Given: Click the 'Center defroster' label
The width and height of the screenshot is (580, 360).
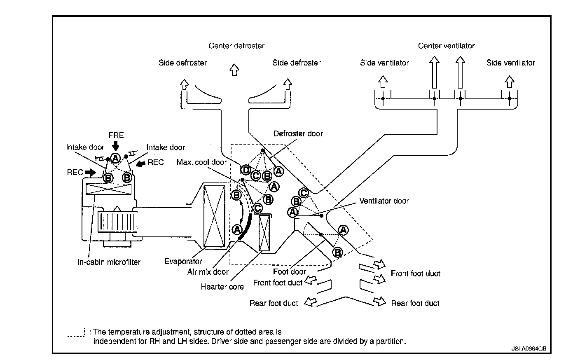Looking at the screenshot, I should pyautogui.click(x=236, y=46).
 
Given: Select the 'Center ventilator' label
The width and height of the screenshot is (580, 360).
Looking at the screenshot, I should pyautogui.click(x=446, y=46).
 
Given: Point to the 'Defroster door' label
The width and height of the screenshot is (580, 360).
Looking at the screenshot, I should pyautogui.click(x=298, y=133).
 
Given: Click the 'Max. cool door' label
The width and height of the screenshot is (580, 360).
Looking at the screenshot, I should pyautogui.click(x=202, y=162).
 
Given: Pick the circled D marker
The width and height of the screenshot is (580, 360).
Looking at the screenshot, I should pyautogui.click(x=246, y=170).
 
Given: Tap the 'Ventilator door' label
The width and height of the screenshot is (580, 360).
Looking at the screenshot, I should pyautogui.click(x=384, y=201).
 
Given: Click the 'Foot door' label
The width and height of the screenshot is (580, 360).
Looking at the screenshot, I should pyautogui.click(x=290, y=271).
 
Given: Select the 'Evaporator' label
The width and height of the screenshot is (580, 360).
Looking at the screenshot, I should pyautogui.click(x=183, y=261).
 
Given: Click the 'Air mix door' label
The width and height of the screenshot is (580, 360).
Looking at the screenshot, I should pyautogui.click(x=208, y=271).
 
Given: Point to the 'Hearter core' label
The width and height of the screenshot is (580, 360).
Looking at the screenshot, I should pyautogui.click(x=222, y=286).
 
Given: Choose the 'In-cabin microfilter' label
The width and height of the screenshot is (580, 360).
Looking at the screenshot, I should pyautogui.click(x=109, y=262).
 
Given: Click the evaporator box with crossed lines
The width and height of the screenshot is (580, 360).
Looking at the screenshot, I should pyautogui.click(x=215, y=216).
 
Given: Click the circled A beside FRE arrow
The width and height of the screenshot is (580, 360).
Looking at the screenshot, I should pyautogui.click(x=115, y=158).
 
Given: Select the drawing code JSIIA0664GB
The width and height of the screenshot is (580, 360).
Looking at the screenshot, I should pyautogui.click(x=529, y=348).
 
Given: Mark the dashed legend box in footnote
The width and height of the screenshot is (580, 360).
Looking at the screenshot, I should pyautogui.click(x=75, y=332).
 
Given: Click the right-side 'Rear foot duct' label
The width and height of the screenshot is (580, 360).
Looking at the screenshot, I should pyautogui.click(x=415, y=303).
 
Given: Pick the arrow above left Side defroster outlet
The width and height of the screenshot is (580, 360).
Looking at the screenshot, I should pyautogui.click(x=184, y=85).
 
